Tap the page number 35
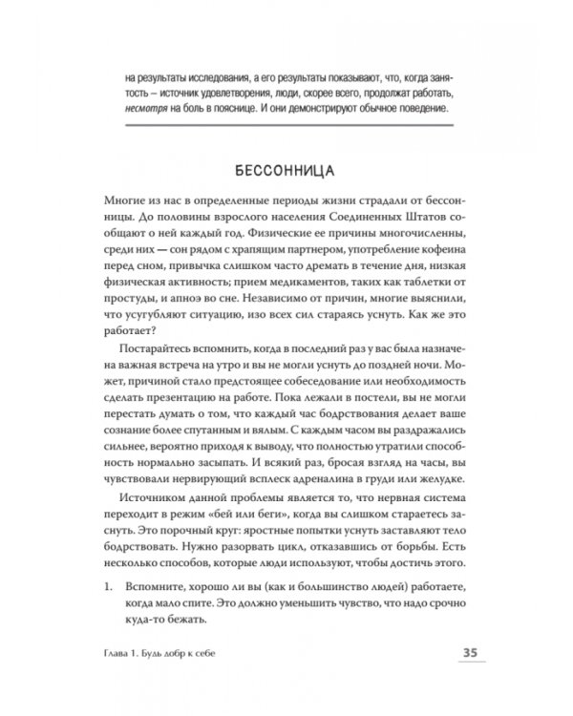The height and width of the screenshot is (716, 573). (x=462, y=653)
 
